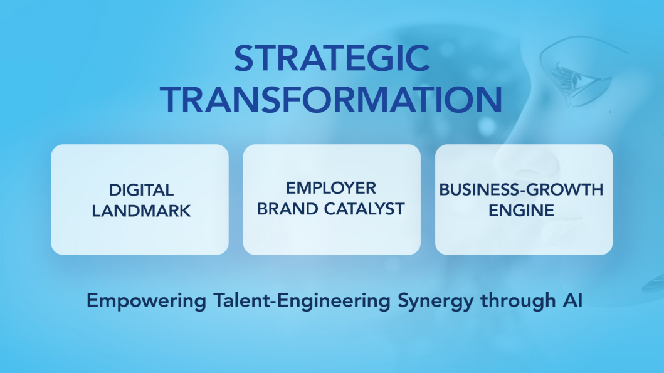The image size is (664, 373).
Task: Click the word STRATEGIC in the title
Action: (332, 58)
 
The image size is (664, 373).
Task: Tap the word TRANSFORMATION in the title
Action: (332, 100)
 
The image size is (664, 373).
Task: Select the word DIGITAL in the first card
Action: (141, 190)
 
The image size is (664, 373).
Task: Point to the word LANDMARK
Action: (141, 211)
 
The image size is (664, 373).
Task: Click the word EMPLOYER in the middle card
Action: (330, 188)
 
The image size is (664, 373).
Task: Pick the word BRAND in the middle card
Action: (288, 209)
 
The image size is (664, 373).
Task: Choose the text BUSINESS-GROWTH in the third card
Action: (521, 190)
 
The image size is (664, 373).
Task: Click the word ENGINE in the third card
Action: (521, 211)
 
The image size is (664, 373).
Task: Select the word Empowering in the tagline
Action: (147, 301)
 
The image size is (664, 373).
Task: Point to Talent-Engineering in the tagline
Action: (302, 301)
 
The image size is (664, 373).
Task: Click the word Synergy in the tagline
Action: (435, 302)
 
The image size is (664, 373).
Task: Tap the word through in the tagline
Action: (518, 301)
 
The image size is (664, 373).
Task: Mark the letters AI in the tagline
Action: (572, 300)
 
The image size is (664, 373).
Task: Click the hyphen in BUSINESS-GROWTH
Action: (523, 191)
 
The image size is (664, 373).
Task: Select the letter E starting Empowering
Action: (92, 300)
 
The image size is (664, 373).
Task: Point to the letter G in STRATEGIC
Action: (380, 58)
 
